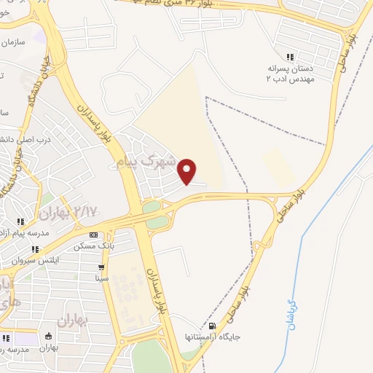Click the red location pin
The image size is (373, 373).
[188, 170]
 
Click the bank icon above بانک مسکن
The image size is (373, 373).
[93, 235]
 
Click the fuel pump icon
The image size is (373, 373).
[212, 326]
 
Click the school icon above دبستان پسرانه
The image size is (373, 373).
[290, 57]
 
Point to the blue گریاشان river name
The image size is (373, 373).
[292, 318]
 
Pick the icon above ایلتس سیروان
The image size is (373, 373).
[35, 249]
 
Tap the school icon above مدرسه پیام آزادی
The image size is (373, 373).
[21, 221]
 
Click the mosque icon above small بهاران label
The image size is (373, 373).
[48, 336]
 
